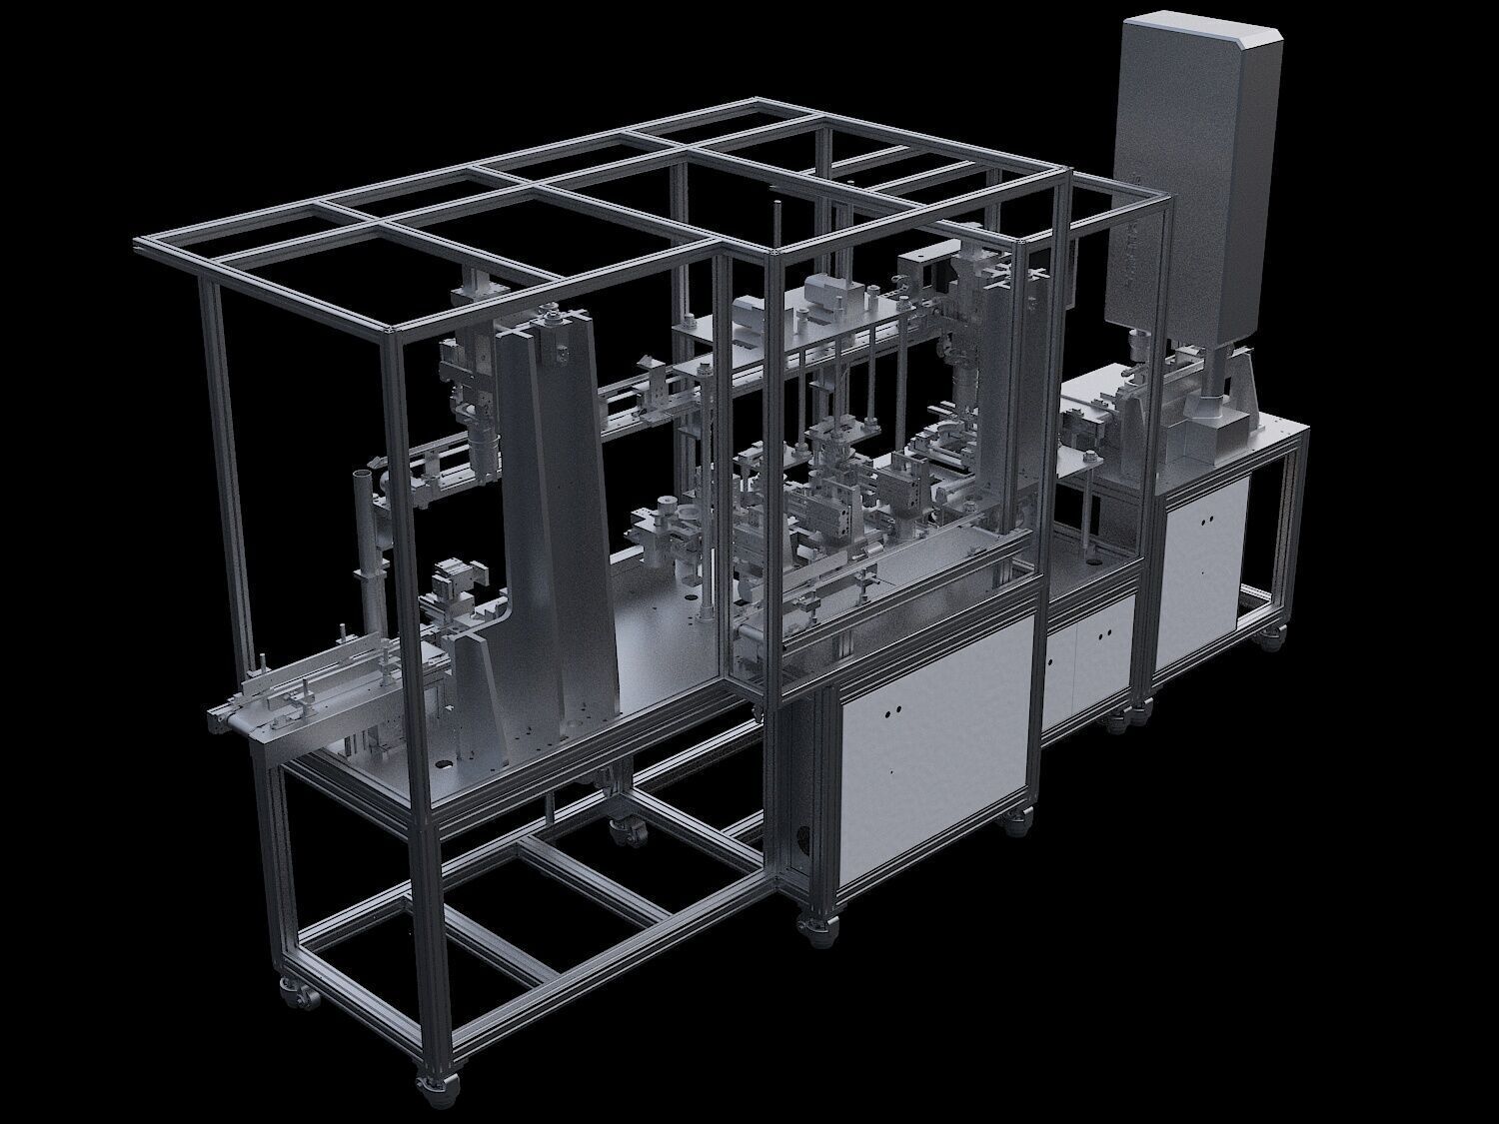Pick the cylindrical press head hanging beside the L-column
(x=484, y=455)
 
